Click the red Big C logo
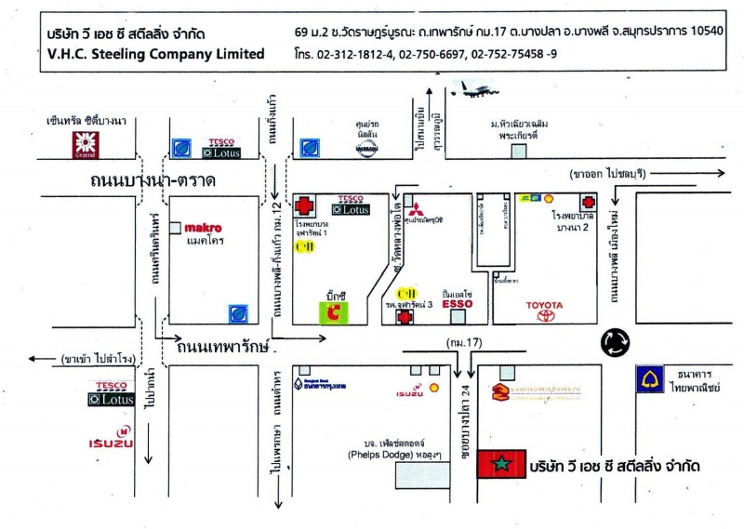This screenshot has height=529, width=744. click(x=336, y=311)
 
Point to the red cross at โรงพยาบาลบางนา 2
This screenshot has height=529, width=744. click(x=588, y=202)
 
